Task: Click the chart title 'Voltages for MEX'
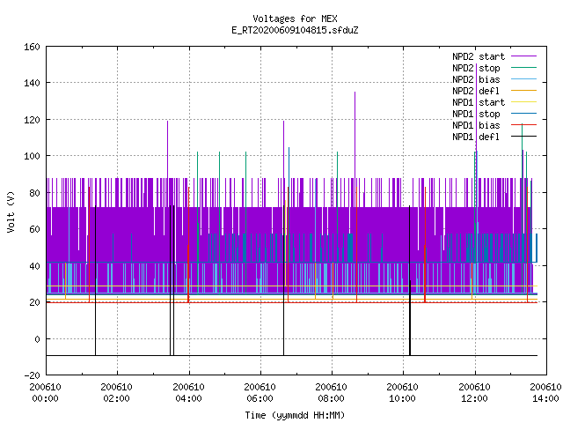tap(295, 19)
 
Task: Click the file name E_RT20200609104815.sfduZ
tap(295, 30)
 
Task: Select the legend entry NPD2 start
tap(494, 56)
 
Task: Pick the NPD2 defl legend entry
tap(494, 91)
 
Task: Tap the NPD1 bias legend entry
tap(494, 125)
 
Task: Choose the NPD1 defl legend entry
tap(494, 137)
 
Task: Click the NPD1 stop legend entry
tap(494, 114)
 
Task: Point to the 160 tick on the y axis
tap(32, 47)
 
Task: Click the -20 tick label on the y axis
tap(32, 375)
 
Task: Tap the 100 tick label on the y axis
tap(32, 156)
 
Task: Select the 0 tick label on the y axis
tap(37, 338)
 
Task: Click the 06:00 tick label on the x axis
tap(260, 398)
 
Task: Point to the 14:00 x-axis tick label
tap(545, 398)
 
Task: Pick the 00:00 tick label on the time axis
tap(45, 398)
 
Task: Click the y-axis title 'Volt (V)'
tap(11, 211)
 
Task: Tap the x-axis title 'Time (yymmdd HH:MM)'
tap(295, 415)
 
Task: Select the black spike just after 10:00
tap(410, 280)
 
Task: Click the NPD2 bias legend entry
tap(494, 79)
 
